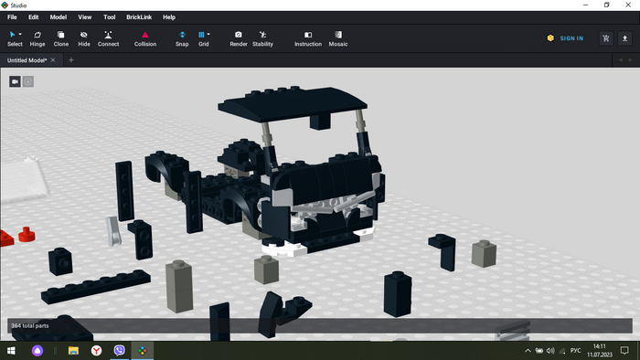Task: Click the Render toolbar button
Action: point(239,38)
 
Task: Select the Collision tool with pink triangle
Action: point(145,38)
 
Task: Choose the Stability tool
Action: point(262,38)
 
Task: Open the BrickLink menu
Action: point(139,17)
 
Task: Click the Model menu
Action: point(59,17)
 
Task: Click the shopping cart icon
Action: point(606,38)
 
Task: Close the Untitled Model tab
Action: point(53,60)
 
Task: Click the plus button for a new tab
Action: point(71,60)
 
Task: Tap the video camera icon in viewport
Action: point(16,81)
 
